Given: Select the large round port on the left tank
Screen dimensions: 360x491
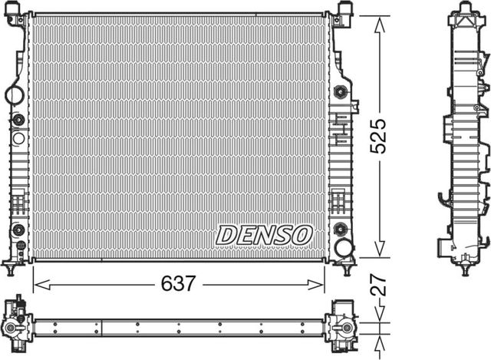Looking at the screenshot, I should point(15,96).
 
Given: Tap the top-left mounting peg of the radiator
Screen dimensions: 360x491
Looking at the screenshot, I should point(18,10).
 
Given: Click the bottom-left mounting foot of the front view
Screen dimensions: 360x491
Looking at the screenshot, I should point(11,268).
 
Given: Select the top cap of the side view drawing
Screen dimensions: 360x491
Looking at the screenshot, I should point(464,10).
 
